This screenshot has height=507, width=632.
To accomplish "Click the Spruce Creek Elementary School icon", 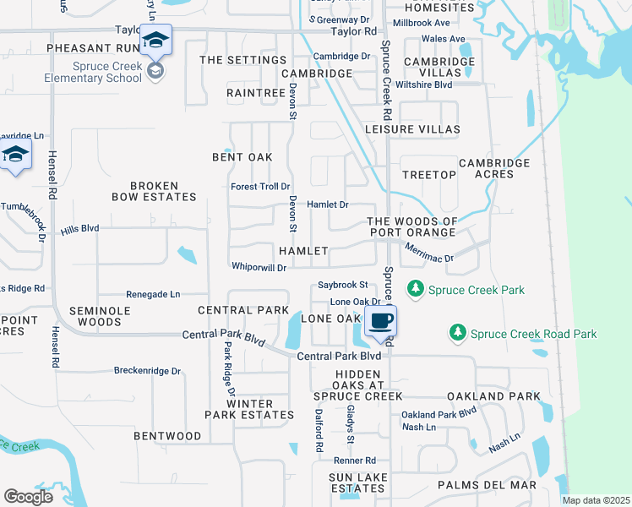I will [156, 41].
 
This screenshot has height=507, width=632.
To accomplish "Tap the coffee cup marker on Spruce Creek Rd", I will [380, 321].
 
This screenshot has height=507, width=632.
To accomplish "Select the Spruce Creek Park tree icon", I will [416, 290].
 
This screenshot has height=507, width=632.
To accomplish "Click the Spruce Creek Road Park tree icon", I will [457, 334].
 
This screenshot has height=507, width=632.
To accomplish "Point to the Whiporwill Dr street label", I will [259, 266].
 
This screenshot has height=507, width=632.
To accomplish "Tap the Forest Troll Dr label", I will [260, 187].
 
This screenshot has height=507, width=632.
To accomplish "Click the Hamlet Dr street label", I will [327, 204].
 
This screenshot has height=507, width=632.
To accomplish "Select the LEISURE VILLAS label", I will [411, 129].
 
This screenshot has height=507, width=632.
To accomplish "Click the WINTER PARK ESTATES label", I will [248, 409].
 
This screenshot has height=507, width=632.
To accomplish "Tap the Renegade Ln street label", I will [153, 294].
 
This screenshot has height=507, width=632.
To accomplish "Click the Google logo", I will [28, 496].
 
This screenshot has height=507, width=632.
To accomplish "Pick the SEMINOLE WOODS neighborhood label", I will [95, 316].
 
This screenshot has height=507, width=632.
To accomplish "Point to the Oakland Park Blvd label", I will [439, 414].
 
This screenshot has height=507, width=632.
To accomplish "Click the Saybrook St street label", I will [342, 285].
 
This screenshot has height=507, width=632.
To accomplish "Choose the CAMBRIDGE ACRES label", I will [494, 168].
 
